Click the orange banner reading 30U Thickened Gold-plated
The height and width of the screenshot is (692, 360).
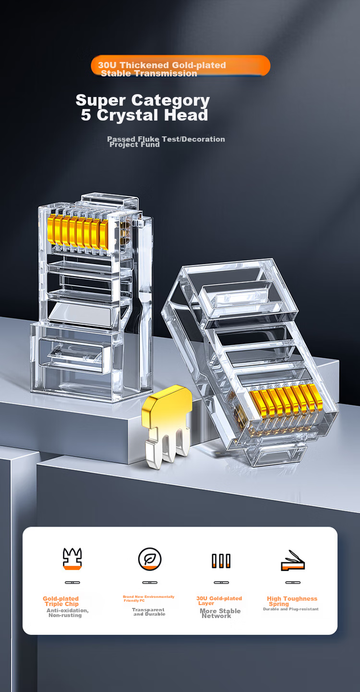coord(180,65)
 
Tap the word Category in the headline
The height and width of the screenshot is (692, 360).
coord(170,101)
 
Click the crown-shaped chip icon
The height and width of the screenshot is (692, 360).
coord(72,558)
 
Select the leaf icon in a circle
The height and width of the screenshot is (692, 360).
coord(150,559)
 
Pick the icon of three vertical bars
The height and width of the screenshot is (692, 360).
coord(221,561)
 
